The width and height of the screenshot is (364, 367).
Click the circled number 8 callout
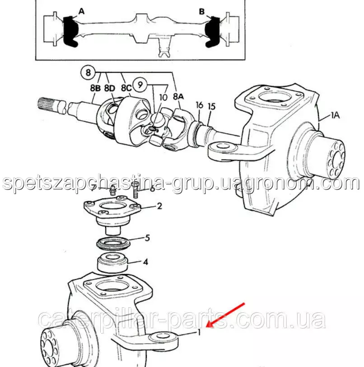pyautogui.click(x=88, y=72)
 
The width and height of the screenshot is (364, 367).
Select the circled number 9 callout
pyautogui.click(x=140, y=84)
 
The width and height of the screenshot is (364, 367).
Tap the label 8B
pyautogui.click(x=95, y=88)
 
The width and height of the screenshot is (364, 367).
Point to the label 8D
pyautogui.click(x=110, y=88)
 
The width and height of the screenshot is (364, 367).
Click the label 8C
pyautogui.click(x=126, y=88)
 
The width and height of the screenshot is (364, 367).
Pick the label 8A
pyautogui.click(x=178, y=96)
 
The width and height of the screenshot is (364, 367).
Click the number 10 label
pyautogui.click(x=163, y=97)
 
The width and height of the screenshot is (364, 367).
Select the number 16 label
pyautogui.click(x=199, y=105)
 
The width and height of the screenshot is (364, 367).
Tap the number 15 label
pyautogui.click(x=211, y=107)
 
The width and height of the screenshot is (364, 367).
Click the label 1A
pyautogui.click(x=335, y=115)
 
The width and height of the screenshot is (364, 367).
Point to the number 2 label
pyautogui.click(x=159, y=206)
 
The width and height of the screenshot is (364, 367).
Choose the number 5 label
pyautogui.click(x=147, y=238)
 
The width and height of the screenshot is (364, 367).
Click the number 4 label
pyautogui.click(x=146, y=262)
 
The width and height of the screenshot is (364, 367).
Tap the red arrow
pyautogui.click(x=225, y=315)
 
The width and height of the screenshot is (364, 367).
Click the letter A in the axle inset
pyautogui.click(x=81, y=11)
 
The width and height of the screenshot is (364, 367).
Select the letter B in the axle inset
pyautogui.click(x=202, y=11)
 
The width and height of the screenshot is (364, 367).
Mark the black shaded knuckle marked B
pyautogui.click(x=212, y=32)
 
